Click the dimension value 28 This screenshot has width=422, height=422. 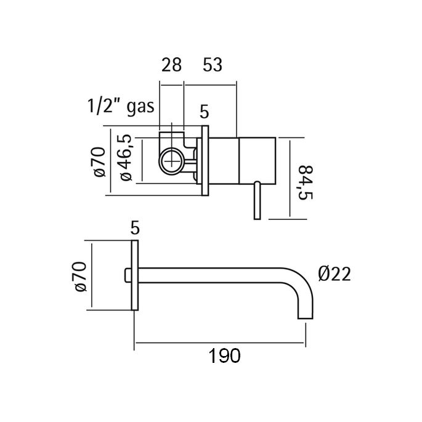click(171, 64)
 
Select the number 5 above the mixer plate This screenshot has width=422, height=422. click(205, 113)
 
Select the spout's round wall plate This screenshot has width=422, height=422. click(135, 277)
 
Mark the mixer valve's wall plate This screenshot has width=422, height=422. click(205, 163)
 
